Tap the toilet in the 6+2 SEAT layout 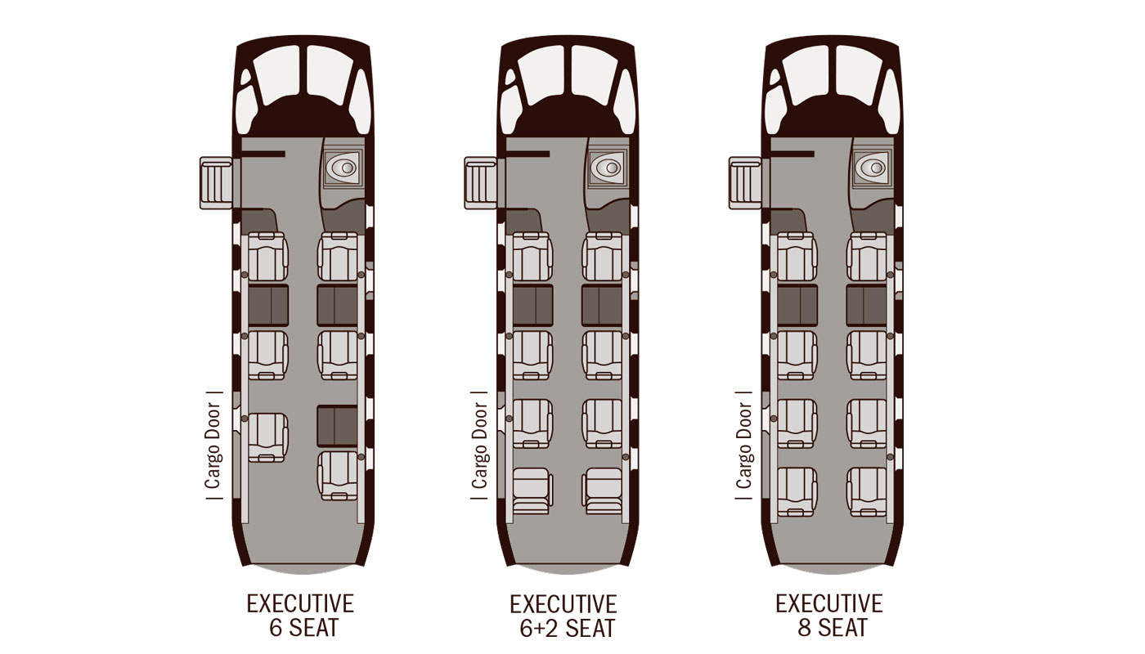[607, 168]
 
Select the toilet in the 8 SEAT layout [872, 168]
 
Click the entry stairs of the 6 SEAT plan [217, 182]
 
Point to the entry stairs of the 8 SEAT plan [746, 182]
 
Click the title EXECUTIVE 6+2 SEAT [563, 616]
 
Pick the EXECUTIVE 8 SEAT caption [829, 616]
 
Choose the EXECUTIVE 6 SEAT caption [300, 616]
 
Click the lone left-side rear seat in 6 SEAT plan [267, 436]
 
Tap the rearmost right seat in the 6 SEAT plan [337, 475]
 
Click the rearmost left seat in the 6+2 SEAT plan [532, 490]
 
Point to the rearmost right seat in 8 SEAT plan [868, 490]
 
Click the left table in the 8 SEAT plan [797, 305]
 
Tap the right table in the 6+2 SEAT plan [602, 305]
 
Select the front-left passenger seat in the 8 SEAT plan [797, 257]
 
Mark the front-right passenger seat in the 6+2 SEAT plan [602, 257]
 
